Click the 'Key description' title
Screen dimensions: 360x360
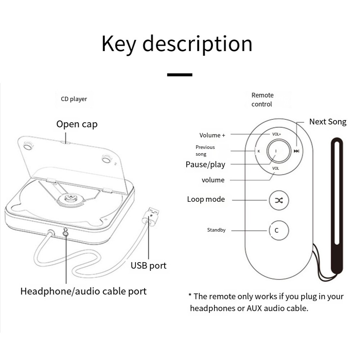click(177, 44)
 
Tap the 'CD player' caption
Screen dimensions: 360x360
click(74, 99)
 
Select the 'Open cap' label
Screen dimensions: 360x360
click(77, 124)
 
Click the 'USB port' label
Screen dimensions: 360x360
click(149, 266)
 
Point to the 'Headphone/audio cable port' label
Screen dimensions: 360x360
click(83, 291)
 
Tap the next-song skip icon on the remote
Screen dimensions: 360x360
click(296, 151)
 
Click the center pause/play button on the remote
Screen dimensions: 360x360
click(276, 151)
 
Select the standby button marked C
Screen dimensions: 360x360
click(279, 230)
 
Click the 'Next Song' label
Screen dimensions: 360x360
click(328, 122)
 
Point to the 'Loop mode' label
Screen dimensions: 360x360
click(206, 199)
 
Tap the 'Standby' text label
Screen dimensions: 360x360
click(216, 230)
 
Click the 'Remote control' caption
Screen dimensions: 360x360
click(262, 100)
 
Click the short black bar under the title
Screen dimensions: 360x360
click(180, 74)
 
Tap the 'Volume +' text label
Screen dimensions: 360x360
click(212, 135)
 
